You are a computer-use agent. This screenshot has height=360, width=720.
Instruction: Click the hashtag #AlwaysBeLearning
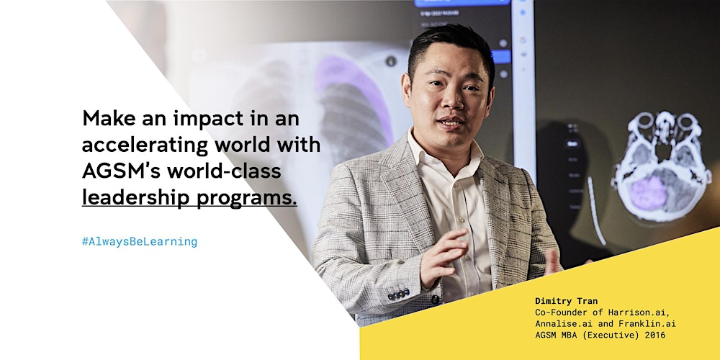[140, 241]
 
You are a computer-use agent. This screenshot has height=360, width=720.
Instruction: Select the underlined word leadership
[136, 199]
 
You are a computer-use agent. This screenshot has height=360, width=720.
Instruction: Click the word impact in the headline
[208, 120]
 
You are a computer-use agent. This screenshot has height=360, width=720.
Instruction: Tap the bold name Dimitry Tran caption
[566, 301]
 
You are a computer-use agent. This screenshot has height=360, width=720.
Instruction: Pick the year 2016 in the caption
[654, 336]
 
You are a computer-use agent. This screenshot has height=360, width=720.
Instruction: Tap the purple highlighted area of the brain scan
[648, 193]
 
